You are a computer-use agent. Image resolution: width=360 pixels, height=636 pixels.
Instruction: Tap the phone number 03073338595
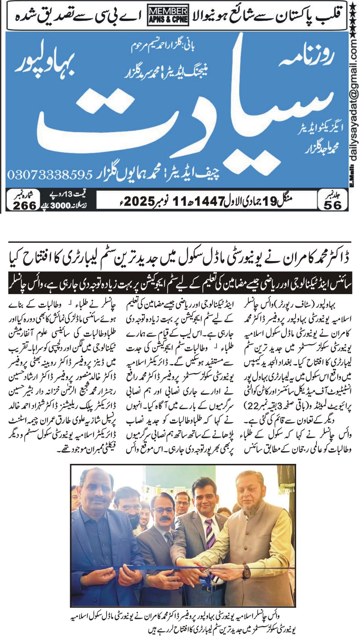(x=49, y=175)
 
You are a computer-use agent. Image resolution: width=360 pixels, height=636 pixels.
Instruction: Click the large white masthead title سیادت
(x=171, y=115)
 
